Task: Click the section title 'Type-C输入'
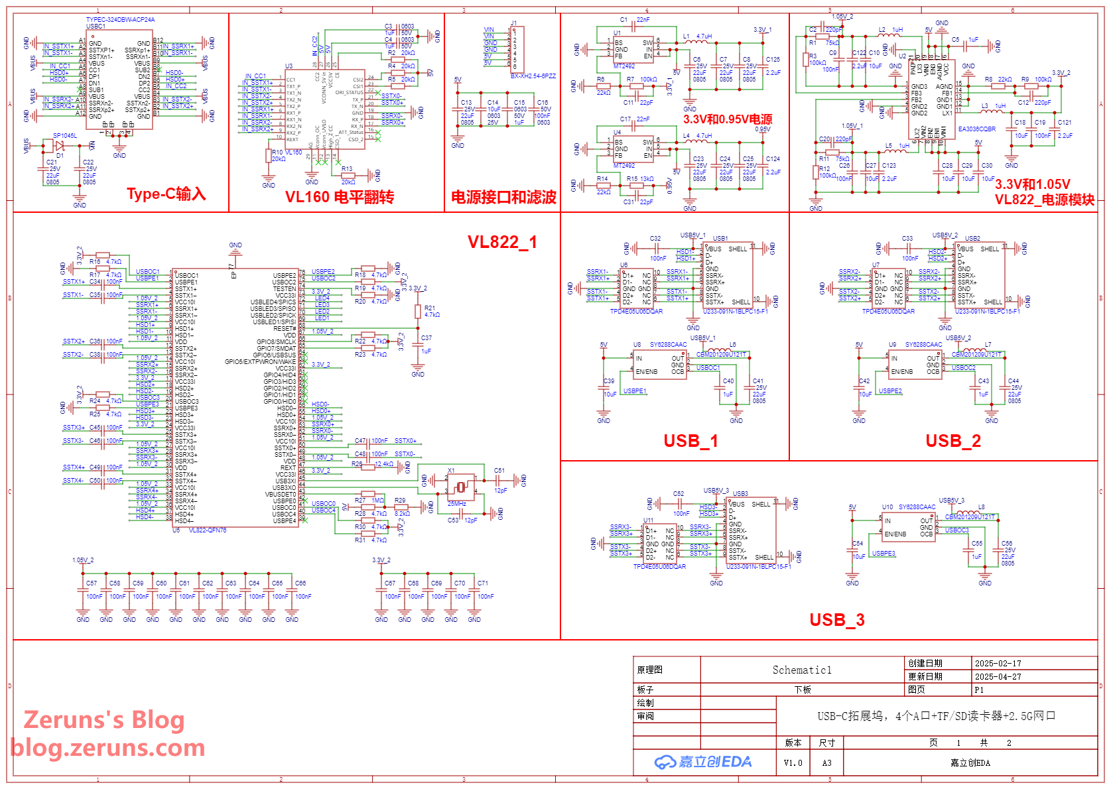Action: tap(166, 194)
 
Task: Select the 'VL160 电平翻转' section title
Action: tap(339, 197)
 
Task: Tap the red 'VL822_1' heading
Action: tap(502, 242)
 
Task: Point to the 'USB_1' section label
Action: tap(690, 441)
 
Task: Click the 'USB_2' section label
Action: tap(952, 441)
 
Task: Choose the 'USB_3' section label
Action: tap(836, 620)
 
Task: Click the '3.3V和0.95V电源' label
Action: tap(727, 119)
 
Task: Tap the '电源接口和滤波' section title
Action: tap(503, 197)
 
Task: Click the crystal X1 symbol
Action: tap(460, 487)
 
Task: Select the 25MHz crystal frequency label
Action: tap(456, 504)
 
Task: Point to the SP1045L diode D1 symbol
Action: tap(59, 145)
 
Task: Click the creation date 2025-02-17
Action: tap(998, 663)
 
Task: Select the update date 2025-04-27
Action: tap(998, 676)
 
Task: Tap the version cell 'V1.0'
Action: tap(793, 763)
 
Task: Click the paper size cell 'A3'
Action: tap(826, 763)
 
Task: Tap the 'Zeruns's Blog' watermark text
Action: tap(104, 719)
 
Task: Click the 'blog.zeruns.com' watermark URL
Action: tap(107, 748)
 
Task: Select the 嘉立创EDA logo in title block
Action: tap(703, 762)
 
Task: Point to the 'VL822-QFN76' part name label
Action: tap(207, 530)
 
